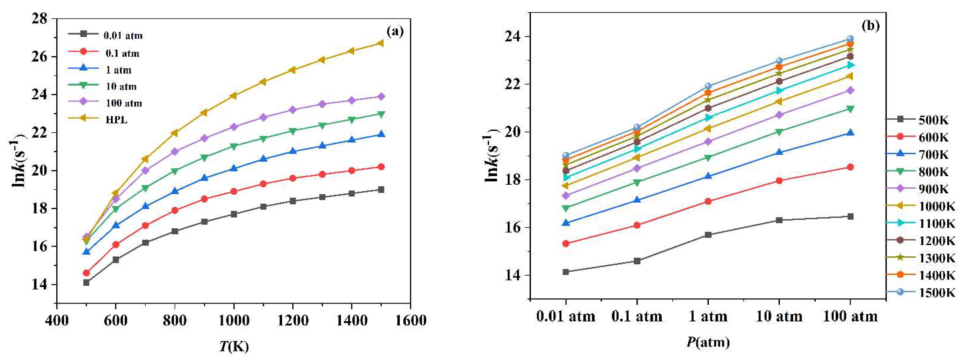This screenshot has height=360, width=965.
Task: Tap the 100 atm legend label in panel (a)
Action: pyautogui.click(x=124, y=103)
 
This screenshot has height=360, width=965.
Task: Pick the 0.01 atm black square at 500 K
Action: pyautogui.click(x=86, y=282)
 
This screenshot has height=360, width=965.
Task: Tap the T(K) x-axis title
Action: pyautogui.click(x=234, y=346)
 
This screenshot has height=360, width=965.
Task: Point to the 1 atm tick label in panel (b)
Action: pyautogui.click(x=708, y=317)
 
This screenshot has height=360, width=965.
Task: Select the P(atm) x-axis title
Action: pyautogui.click(x=708, y=342)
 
